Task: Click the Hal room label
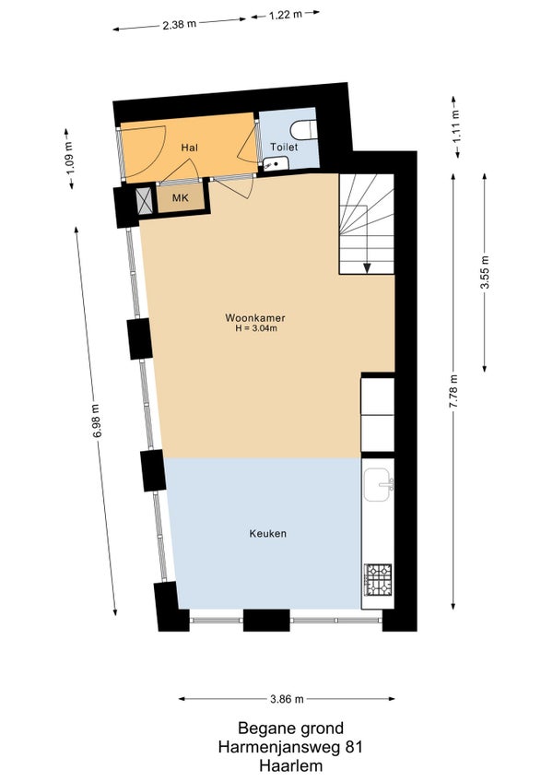pos(190,148)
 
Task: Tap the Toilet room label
pos(284,148)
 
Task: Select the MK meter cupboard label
pos(181,198)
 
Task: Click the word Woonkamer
pos(255,317)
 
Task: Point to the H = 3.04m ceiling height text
pos(256,328)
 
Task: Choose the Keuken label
pos(268,534)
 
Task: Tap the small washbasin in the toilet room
pos(275,163)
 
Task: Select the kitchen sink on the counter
pos(379,484)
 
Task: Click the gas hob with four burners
pos(378,580)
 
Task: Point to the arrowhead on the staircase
pos(367,267)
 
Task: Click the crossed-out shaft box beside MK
pos(145,201)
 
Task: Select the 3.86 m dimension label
pos(287,699)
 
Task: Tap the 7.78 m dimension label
pos(453,392)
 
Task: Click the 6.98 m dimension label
pos(97,421)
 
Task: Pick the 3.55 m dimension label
pos(484,272)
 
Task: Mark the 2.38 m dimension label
pos(180,24)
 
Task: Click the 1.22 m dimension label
pos(286,15)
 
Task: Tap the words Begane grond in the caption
pos(290,729)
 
